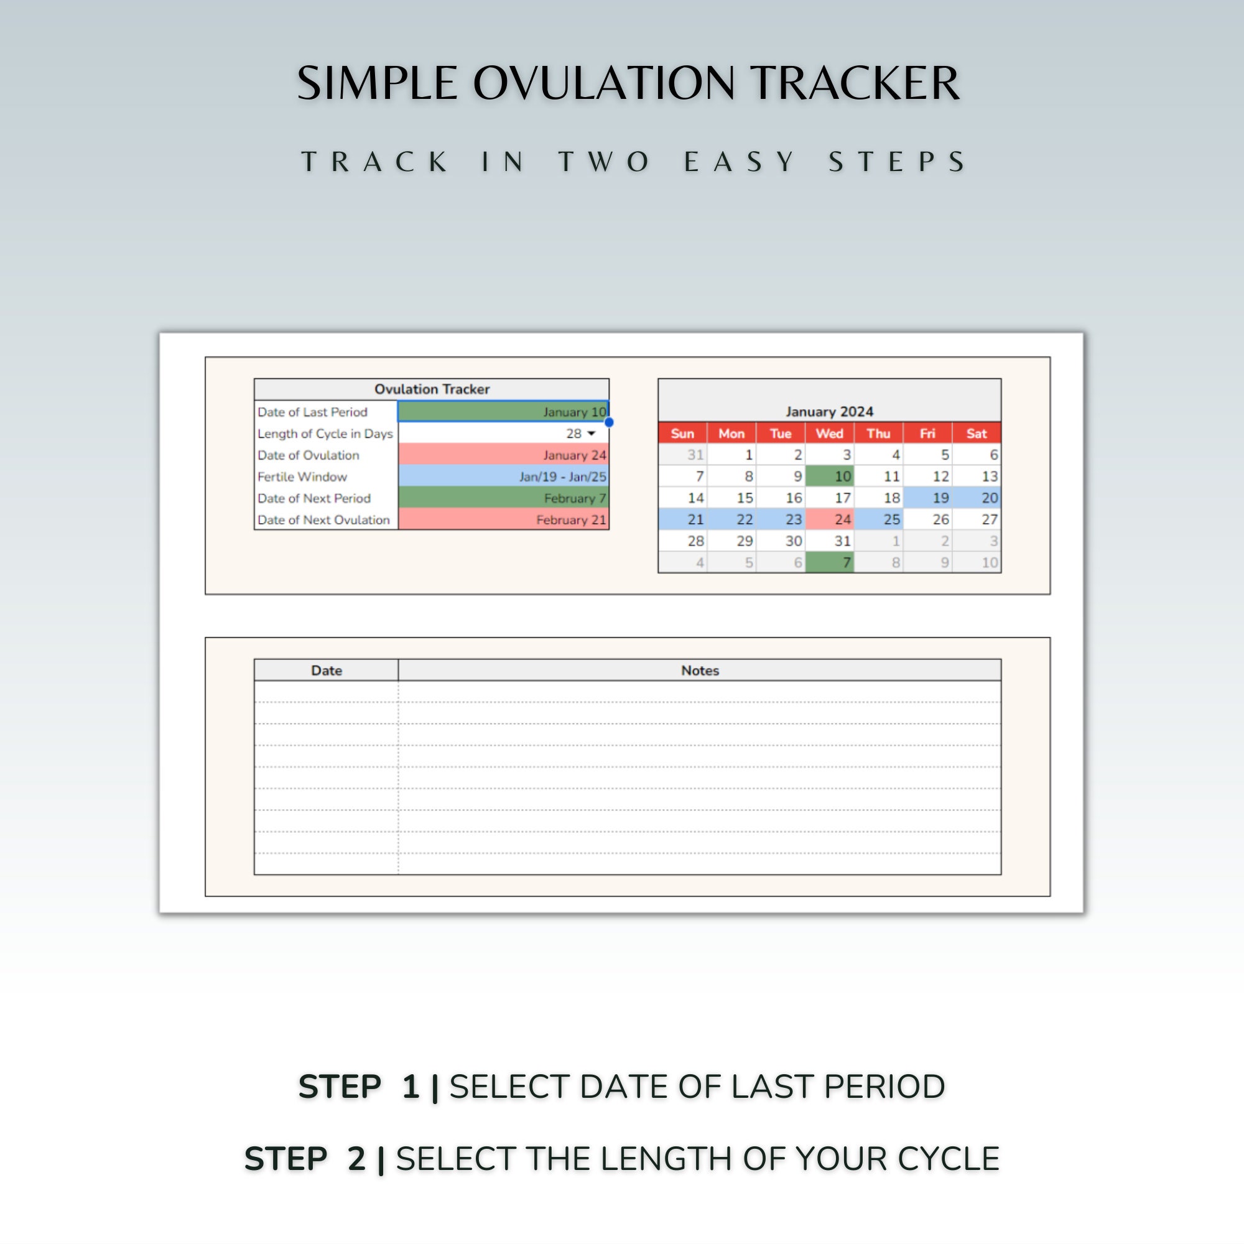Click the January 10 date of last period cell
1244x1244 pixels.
(503, 411)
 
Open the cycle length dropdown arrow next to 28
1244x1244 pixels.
(591, 434)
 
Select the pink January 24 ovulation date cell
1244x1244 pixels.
(503, 455)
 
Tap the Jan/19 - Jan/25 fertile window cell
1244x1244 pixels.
(503, 476)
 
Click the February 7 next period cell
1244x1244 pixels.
(503, 498)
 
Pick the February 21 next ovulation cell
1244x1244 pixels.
(503, 519)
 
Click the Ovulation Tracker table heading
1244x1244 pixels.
(432, 389)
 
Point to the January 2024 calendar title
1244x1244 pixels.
(829, 411)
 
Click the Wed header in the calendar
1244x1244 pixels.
(829, 434)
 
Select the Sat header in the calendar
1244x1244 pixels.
(976, 434)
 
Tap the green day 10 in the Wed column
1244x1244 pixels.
(829, 476)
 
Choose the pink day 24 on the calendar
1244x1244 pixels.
(829, 519)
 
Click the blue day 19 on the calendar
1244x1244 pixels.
(927, 498)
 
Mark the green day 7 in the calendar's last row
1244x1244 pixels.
(829, 563)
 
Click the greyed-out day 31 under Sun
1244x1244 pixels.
(682, 455)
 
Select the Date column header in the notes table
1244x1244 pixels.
(327, 671)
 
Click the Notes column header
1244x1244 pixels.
(699, 671)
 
